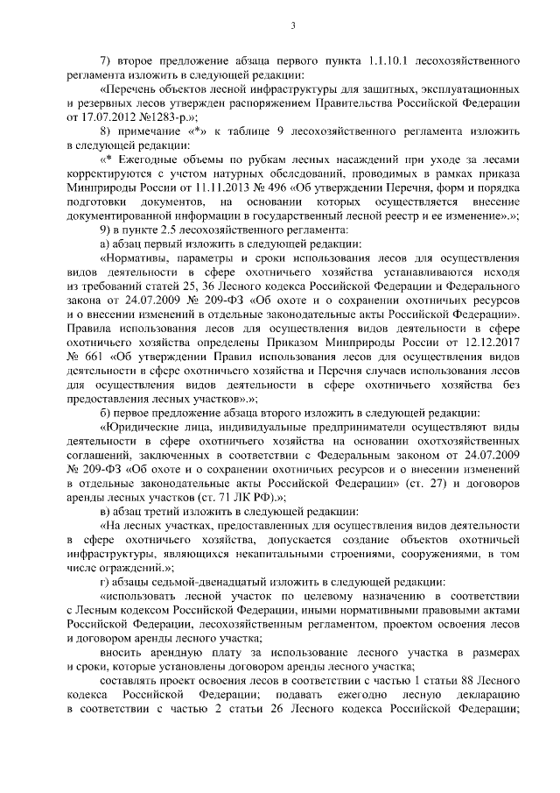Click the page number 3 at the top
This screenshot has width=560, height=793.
294,25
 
